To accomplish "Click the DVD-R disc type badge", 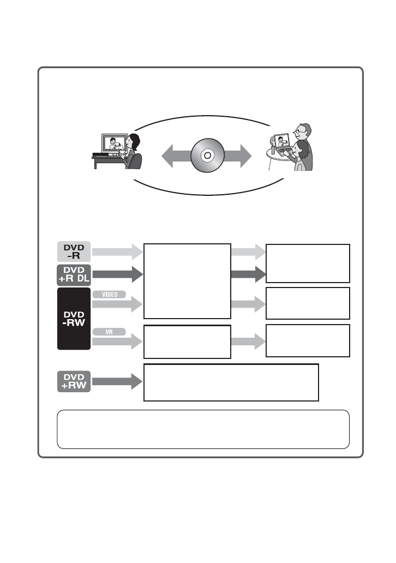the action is pyautogui.click(x=74, y=251).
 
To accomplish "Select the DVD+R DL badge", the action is pyautogui.click(x=74, y=275).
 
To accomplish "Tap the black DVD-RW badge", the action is pyautogui.click(x=74, y=319).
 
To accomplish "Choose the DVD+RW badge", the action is pyautogui.click(x=74, y=381).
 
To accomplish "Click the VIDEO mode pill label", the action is pyautogui.click(x=109, y=295).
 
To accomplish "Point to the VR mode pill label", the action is pyautogui.click(x=109, y=332).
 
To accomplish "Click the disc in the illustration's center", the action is pyautogui.click(x=207, y=155).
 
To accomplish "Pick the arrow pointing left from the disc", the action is pyautogui.click(x=177, y=156).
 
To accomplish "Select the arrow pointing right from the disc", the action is pyautogui.click(x=237, y=156).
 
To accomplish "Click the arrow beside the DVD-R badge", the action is pyautogui.click(x=117, y=251).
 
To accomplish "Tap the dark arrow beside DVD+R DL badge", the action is pyautogui.click(x=117, y=274).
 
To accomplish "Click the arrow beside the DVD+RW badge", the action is pyautogui.click(x=117, y=381).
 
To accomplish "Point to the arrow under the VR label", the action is pyautogui.click(x=117, y=342).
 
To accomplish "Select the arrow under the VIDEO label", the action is pyautogui.click(x=117, y=304).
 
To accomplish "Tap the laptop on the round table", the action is pyautogui.click(x=282, y=145).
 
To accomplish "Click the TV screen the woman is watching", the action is pyautogui.click(x=115, y=143).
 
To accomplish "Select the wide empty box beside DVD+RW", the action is pyautogui.click(x=231, y=382).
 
